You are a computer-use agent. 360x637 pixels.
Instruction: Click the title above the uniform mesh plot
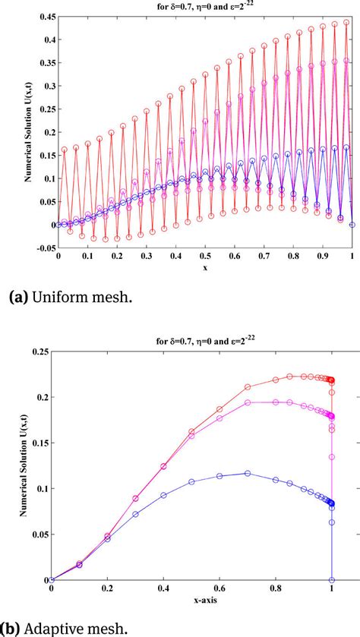[x=204, y=7]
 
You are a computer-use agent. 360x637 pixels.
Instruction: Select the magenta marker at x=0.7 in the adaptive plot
[x=247, y=402]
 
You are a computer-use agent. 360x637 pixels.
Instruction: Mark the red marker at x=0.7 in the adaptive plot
[x=247, y=386]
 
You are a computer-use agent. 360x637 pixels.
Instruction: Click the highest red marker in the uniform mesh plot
[x=346, y=23]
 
